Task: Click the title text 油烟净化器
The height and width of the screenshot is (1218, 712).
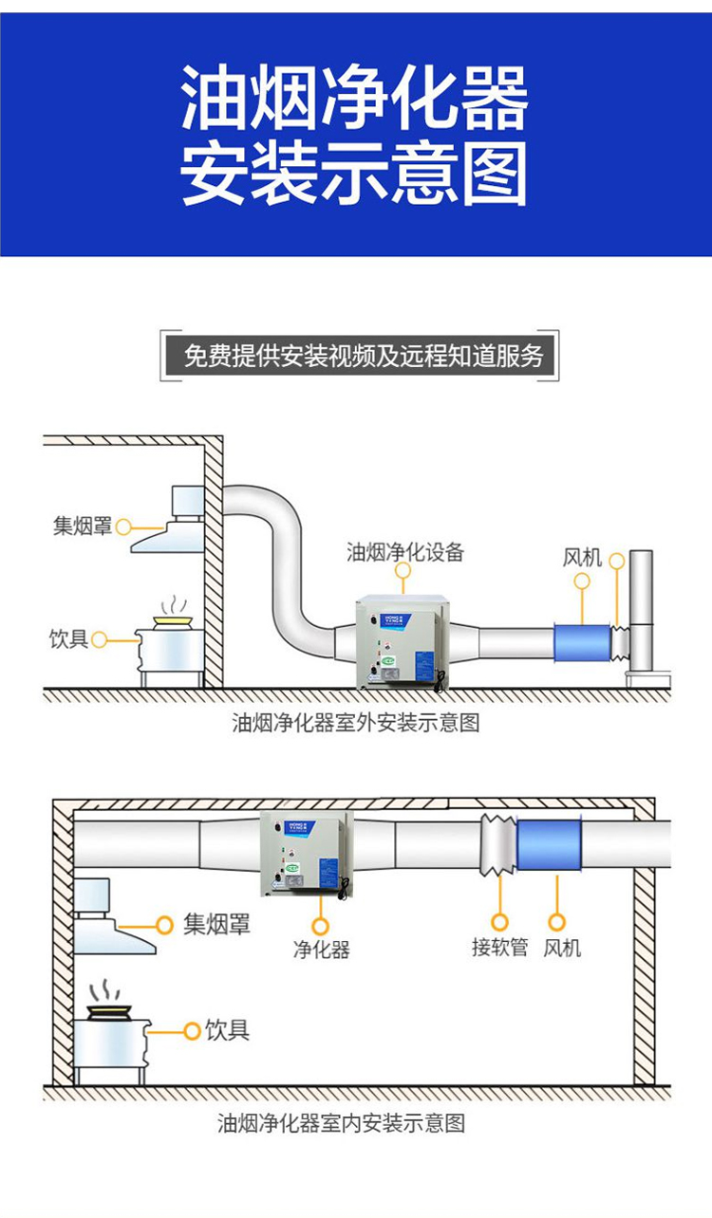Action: point(354,99)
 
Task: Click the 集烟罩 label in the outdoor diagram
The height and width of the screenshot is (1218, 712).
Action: point(82,526)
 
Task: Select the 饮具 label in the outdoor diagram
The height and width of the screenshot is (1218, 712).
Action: point(68,639)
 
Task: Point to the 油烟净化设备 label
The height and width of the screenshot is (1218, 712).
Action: point(405,552)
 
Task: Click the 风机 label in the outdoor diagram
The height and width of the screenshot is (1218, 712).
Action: point(582,557)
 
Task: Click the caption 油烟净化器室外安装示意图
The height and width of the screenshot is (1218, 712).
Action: point(356,723)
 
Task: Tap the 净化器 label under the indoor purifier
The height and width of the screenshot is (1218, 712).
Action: point(321,950)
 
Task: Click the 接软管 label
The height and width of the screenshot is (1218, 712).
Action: point(499,947)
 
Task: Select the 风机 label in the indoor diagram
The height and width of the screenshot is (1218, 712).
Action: point(562,947)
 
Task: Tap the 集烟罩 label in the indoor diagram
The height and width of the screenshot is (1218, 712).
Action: point(216,924)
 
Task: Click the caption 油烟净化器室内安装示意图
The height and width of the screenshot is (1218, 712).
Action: point(342,1124)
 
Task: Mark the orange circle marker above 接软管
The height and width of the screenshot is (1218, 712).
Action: point(499,921)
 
